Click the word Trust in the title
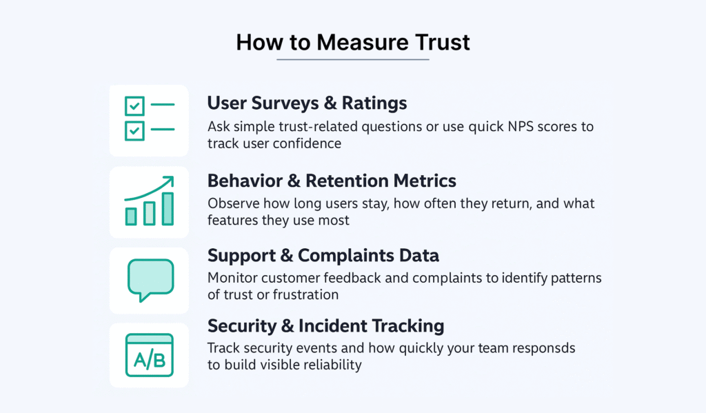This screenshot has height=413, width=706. pos(443,42)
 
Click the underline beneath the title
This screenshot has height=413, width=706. pos(352,59)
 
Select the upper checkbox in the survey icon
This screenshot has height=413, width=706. pos(134,106)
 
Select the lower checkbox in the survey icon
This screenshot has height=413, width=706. pos(134,131)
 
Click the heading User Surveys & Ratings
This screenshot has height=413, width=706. pos(307,103)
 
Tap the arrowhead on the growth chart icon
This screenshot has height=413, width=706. pos(168,181)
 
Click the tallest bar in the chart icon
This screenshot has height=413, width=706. pos(168,208)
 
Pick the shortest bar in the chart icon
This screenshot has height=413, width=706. pos(131,216)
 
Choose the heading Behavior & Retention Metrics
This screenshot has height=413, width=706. pos(332,181)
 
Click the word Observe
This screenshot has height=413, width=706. pos(234,203)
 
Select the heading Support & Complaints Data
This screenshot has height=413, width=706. pos(323,255)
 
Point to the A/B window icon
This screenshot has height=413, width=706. pos(150,355)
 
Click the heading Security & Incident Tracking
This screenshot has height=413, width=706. pos(326,325)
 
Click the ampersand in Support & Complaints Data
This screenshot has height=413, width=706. pos(287,255)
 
